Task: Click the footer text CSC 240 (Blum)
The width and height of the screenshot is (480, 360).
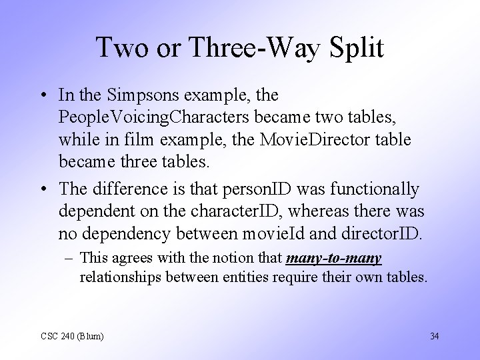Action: [x=72, y=336]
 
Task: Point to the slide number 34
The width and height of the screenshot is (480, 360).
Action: [x=435, y=335]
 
